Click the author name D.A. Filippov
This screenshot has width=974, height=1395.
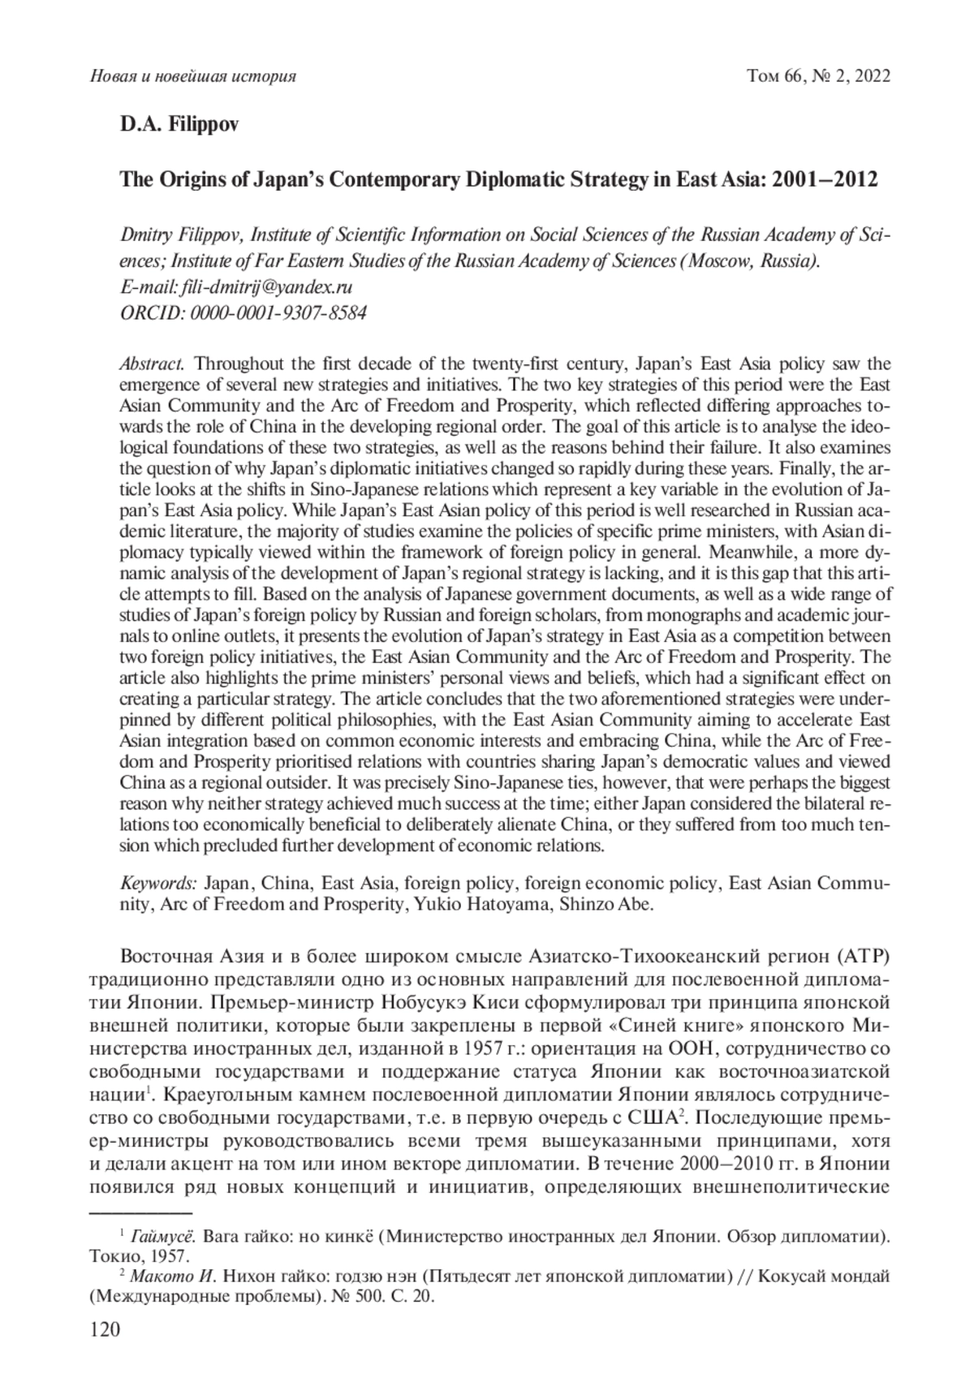click(x=180, y=127)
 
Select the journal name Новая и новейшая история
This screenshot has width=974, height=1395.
click(x=192, y=76)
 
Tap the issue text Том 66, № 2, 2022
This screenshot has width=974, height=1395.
click(x=818, y=76)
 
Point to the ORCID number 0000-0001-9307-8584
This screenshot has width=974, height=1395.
click(x=277, y=312)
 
